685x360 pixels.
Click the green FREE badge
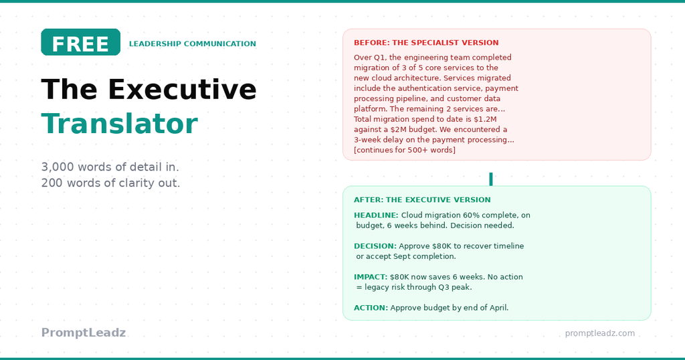[80, 42]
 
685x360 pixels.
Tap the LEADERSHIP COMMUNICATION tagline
[192, 44]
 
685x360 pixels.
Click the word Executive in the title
[182, 90]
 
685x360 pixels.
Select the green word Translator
[119, 124]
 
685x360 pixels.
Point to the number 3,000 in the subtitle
[57, 167]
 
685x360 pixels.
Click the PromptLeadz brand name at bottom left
[83, 333]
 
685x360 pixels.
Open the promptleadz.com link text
[599, 333]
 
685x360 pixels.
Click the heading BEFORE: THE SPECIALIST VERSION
[426, 43]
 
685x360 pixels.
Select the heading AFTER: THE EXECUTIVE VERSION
[422, 200]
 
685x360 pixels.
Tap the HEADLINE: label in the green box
[376, 215]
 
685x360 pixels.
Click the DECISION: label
[375, 246]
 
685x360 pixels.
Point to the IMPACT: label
[370, 277]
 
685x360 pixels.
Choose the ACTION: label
[371, 308]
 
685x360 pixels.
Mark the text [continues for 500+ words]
[405, 150]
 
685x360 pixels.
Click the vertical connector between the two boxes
[491, 179]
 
